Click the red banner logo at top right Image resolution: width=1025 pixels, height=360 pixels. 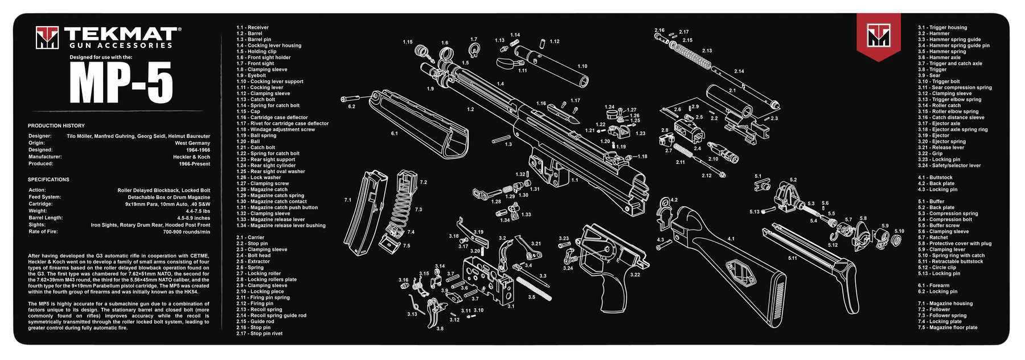[879, 36]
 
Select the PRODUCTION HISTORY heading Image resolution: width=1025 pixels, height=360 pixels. [56, 125]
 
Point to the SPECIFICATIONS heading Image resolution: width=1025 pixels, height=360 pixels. [48, 179]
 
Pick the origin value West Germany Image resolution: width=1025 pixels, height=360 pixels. [192, 143]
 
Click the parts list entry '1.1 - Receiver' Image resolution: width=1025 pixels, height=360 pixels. [252, 27]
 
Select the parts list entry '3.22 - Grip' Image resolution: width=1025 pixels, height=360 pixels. [930, 153]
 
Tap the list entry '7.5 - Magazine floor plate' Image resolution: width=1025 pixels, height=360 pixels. [947, 328]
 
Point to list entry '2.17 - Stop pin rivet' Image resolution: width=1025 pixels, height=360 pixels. [259, 333]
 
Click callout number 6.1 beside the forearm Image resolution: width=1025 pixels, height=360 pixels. [394, 133]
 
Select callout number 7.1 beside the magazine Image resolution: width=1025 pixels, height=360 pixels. [348, 200]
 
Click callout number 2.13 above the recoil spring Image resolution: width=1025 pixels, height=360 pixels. [707, 51]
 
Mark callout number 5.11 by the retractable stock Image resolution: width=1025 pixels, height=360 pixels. [792, 258]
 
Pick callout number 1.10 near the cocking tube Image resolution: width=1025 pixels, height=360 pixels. [582, 66]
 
